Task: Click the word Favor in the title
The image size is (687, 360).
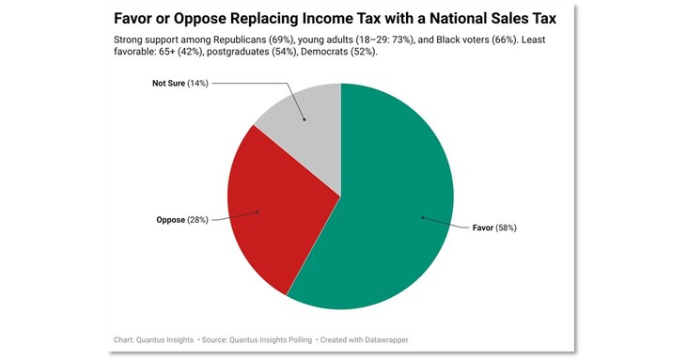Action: coord(134,18)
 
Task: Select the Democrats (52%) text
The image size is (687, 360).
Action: coord(342,54)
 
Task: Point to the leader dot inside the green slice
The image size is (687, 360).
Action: coord(422,217)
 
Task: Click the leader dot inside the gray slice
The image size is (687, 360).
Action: coord(304,119)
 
